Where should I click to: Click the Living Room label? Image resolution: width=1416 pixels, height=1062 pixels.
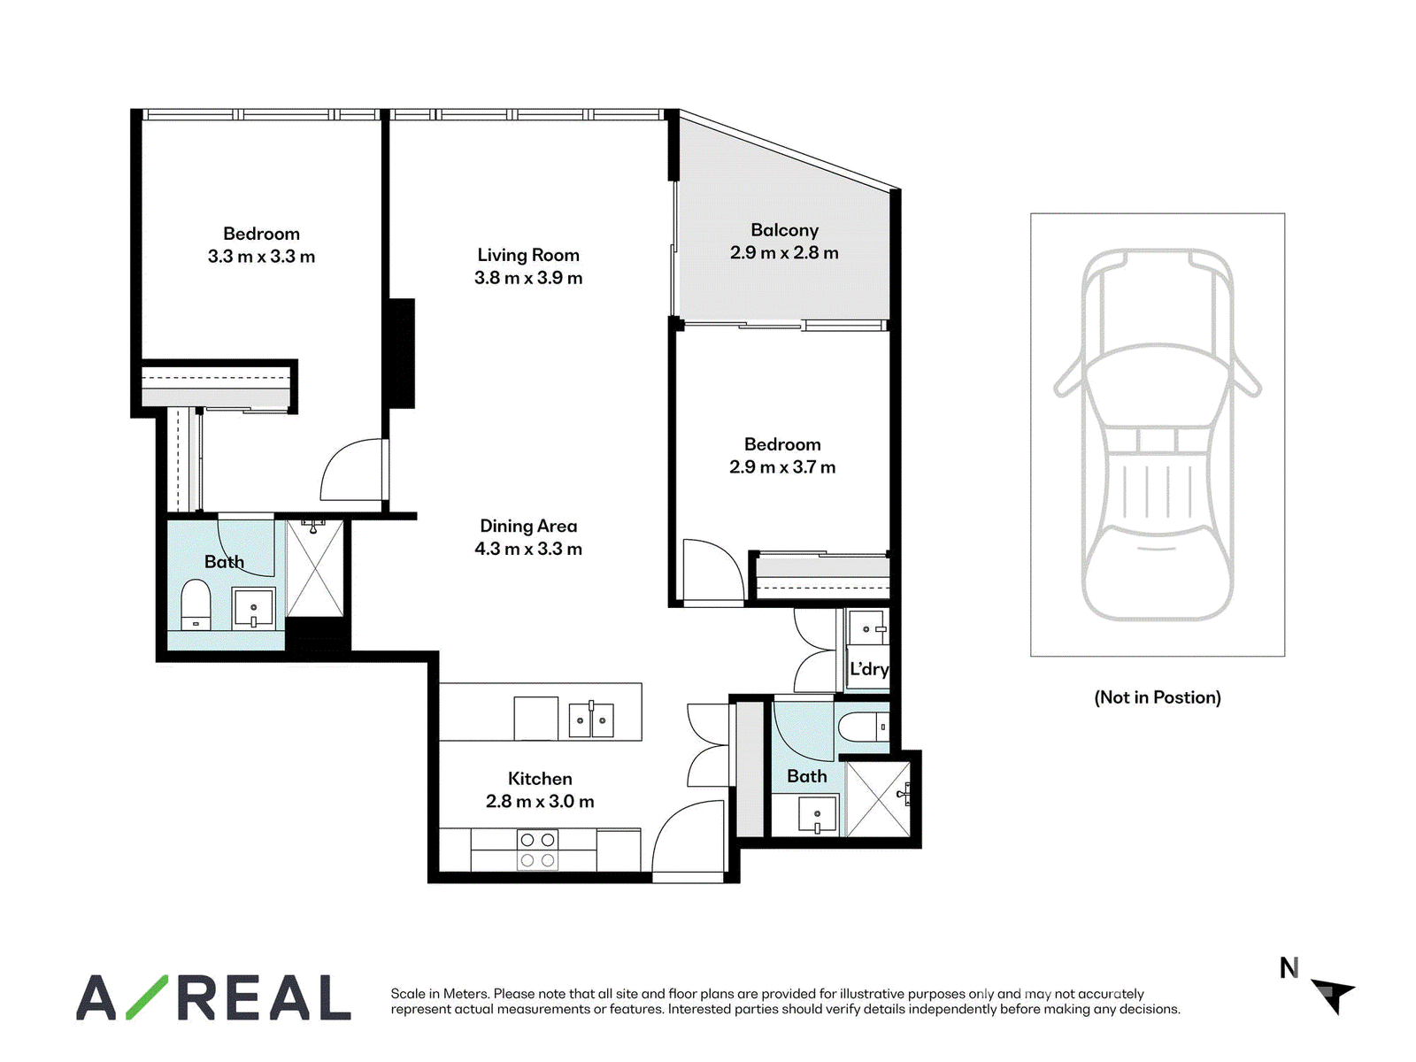[527, 255]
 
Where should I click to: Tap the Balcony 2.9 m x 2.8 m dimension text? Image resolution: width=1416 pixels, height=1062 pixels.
[784, 253]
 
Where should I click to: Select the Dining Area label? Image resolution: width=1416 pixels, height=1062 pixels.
[528, 527]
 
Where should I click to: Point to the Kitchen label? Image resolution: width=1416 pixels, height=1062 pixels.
[539, 778]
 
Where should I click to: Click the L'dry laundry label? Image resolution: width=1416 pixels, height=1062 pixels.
[869, 669]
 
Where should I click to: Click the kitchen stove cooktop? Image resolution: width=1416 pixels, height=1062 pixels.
[537, 850]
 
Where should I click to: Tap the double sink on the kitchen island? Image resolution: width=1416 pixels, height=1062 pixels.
[590, 720]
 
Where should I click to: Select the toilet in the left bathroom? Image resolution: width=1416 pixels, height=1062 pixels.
[196, 605]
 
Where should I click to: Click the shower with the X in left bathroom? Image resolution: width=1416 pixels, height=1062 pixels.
[314, 567]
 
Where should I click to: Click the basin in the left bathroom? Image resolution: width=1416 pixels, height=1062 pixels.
[253, 607]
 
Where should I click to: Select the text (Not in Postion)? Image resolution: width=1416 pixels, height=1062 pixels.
[1158, 697]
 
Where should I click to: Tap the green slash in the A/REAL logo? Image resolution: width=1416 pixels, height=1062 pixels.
[147, 997]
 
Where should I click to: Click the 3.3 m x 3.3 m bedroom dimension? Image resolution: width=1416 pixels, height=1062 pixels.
[261, 257]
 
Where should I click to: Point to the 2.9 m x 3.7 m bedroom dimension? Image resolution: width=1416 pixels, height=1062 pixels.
[782, 467]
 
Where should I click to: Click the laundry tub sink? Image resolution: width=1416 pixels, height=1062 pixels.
[867, 628]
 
